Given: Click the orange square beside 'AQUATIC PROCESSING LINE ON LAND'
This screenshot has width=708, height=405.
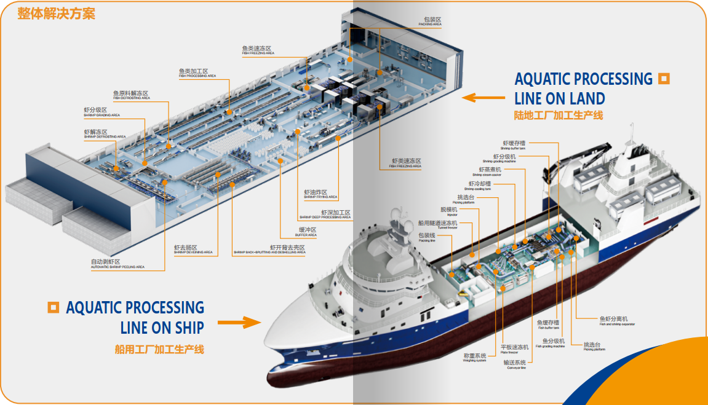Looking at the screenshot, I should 663,78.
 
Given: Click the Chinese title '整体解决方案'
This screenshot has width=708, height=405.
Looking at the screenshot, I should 56,13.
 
